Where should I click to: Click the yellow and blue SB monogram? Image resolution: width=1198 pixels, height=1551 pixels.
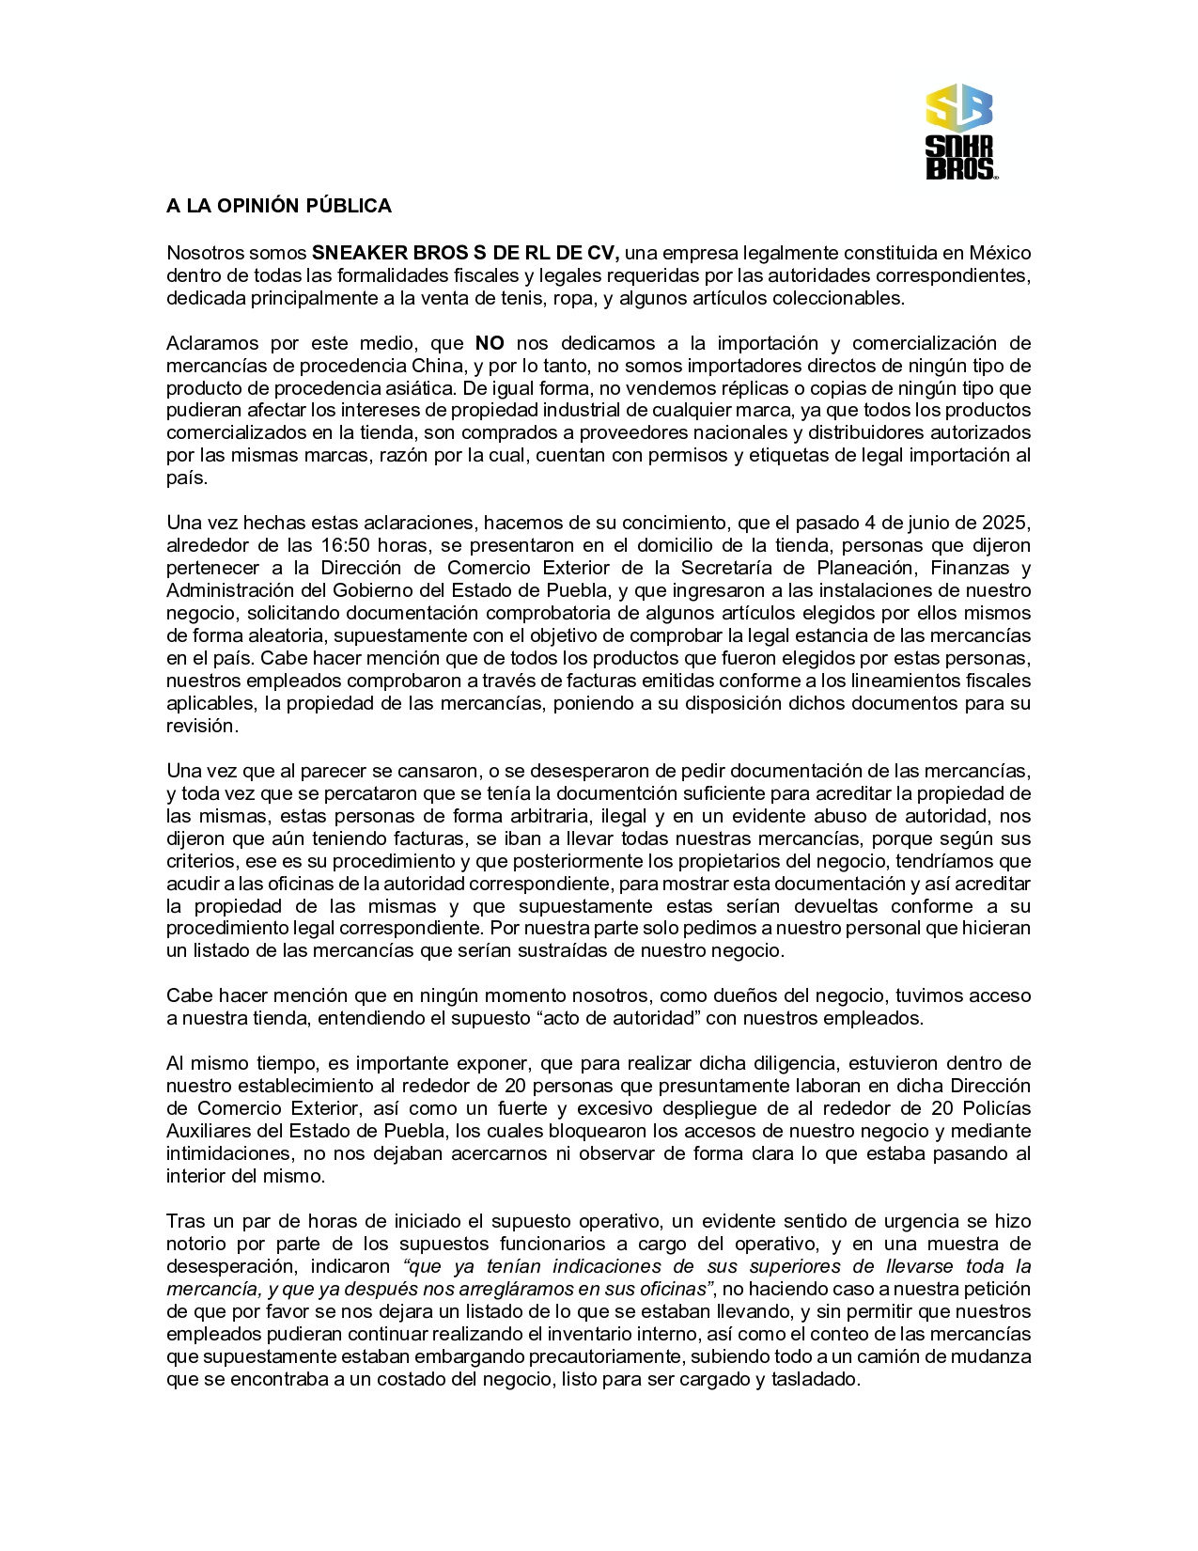coord(958,107)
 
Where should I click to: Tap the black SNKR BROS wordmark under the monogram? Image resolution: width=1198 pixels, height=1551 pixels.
coord(958,157)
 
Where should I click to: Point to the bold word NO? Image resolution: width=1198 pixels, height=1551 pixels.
coord(490,343)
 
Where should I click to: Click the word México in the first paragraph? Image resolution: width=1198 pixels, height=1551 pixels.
coord(1000,253)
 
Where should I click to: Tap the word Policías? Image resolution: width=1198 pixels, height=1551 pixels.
coord(995,1108)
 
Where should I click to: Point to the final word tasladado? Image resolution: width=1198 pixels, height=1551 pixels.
coord(815,1379)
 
